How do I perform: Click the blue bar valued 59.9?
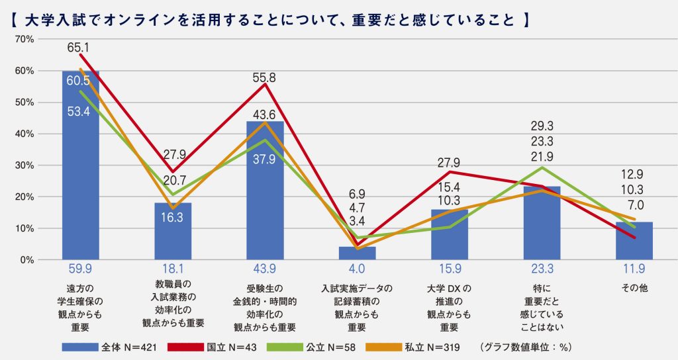point(80,165)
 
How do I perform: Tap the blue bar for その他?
point(634,241)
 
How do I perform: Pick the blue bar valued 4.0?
point(357,253)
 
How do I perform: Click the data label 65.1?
point(79,48)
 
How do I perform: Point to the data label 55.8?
point(265,77)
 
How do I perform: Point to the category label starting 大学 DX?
point(449,289)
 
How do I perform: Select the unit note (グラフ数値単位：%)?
point(526,346)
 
